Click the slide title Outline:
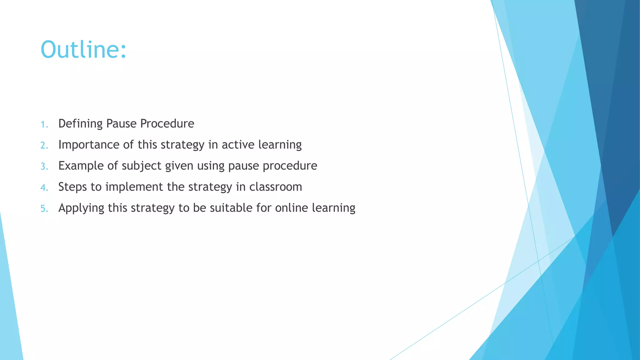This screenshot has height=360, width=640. coord(83,50)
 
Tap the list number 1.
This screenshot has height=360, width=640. coord(44,124)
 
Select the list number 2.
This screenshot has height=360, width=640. coord(44,145)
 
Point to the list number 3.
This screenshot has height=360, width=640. coord(44,166)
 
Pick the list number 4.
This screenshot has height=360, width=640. coord(44,187)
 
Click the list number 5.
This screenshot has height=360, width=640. coord(44,208)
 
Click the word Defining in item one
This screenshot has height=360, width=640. coord(80,124)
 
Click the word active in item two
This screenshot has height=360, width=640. coord(238,145)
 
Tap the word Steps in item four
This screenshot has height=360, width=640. coord(72,187)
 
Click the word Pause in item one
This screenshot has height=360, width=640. coord(121,124)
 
